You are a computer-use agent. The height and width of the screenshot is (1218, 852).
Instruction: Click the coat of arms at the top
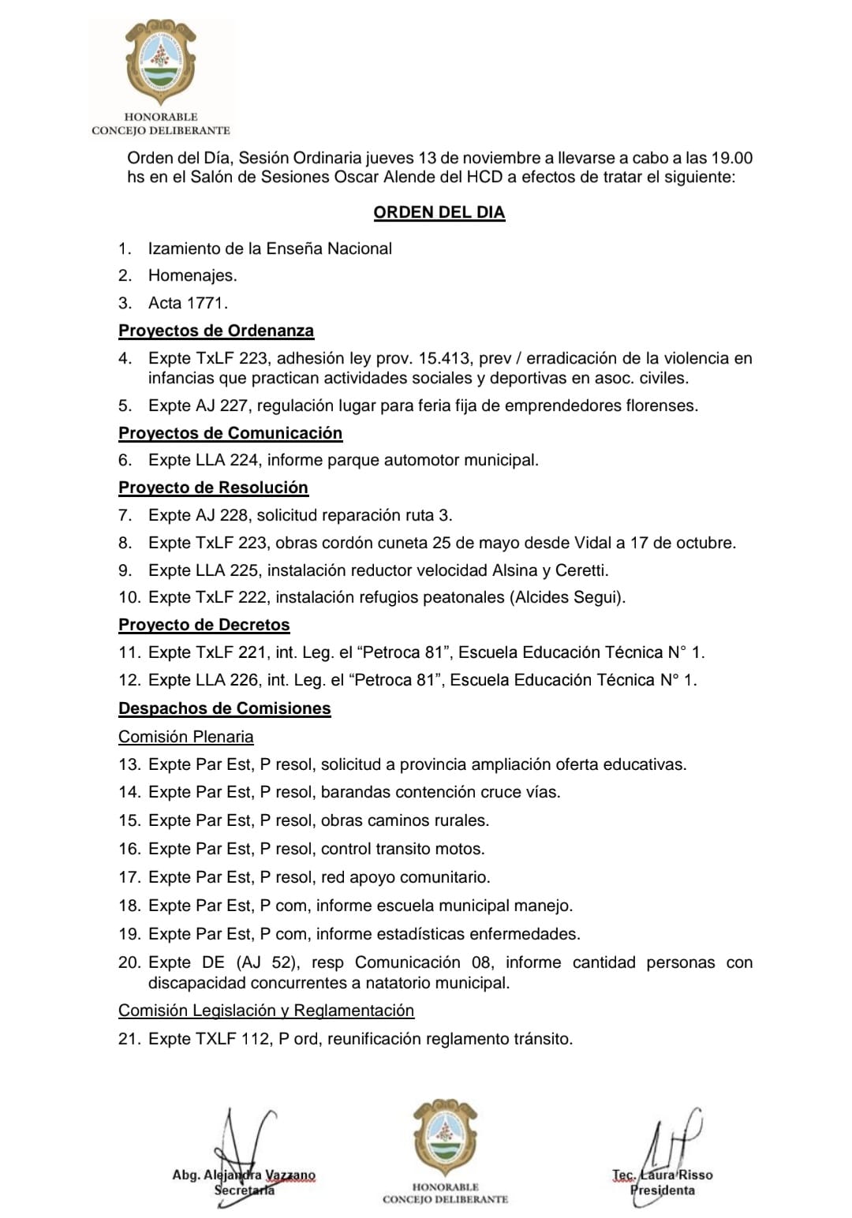161,63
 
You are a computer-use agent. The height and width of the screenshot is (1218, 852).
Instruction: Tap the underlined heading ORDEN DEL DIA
439,212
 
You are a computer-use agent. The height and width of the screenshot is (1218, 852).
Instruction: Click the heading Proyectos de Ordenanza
216,331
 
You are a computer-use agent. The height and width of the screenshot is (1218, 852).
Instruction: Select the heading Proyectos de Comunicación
230,433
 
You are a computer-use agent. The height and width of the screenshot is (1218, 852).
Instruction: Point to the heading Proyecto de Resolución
213,488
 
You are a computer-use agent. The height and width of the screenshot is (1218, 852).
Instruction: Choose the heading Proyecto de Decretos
204,625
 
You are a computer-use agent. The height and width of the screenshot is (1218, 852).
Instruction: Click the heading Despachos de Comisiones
225,708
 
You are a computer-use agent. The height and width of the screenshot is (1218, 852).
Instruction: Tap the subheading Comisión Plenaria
186,737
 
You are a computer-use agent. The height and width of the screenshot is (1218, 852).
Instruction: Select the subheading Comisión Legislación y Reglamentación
266,1011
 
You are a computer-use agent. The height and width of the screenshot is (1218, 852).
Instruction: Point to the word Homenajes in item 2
192,275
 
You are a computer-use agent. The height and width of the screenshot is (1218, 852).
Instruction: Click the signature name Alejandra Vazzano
260,1175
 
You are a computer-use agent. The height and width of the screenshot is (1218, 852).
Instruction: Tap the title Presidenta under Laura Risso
663,1190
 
